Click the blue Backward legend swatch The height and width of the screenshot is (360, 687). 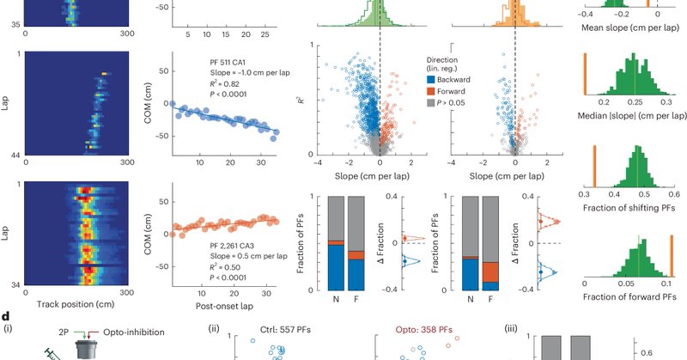click(432, 79)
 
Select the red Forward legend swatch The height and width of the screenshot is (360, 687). click(432, 91)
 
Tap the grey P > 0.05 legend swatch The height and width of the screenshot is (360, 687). click(432, 102)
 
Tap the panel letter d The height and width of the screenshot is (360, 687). click(6, 318)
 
